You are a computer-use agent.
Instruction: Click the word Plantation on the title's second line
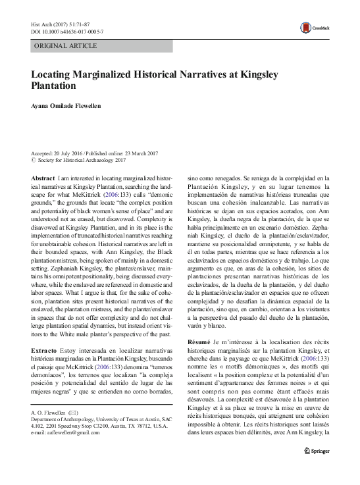[x=55, y=86]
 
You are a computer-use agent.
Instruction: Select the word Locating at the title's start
[x=53, y=75]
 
